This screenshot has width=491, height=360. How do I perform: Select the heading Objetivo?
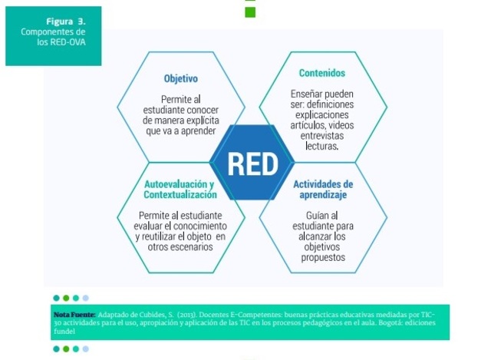pyautogui.click(x=181, y=78)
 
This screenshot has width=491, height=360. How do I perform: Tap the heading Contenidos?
pyautogui.click(x=321, y=74)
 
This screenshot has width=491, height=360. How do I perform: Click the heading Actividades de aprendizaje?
pyautogui.click(x=322, y=190)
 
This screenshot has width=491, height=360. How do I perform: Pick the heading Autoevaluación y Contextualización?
pyautogui.click(x=180, y=190)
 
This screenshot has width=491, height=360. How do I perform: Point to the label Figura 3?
pyautogui.click(x=64, y=21)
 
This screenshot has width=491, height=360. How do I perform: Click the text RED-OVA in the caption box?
pyautogui.click(x=71, y=41)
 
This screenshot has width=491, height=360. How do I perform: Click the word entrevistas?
pyautogui.click(x=321, y=134)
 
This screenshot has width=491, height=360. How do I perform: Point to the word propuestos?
pyautogui.click(x=323, y=258)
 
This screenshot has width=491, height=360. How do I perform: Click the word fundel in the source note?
pyautogui.click(x=65, y=330)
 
